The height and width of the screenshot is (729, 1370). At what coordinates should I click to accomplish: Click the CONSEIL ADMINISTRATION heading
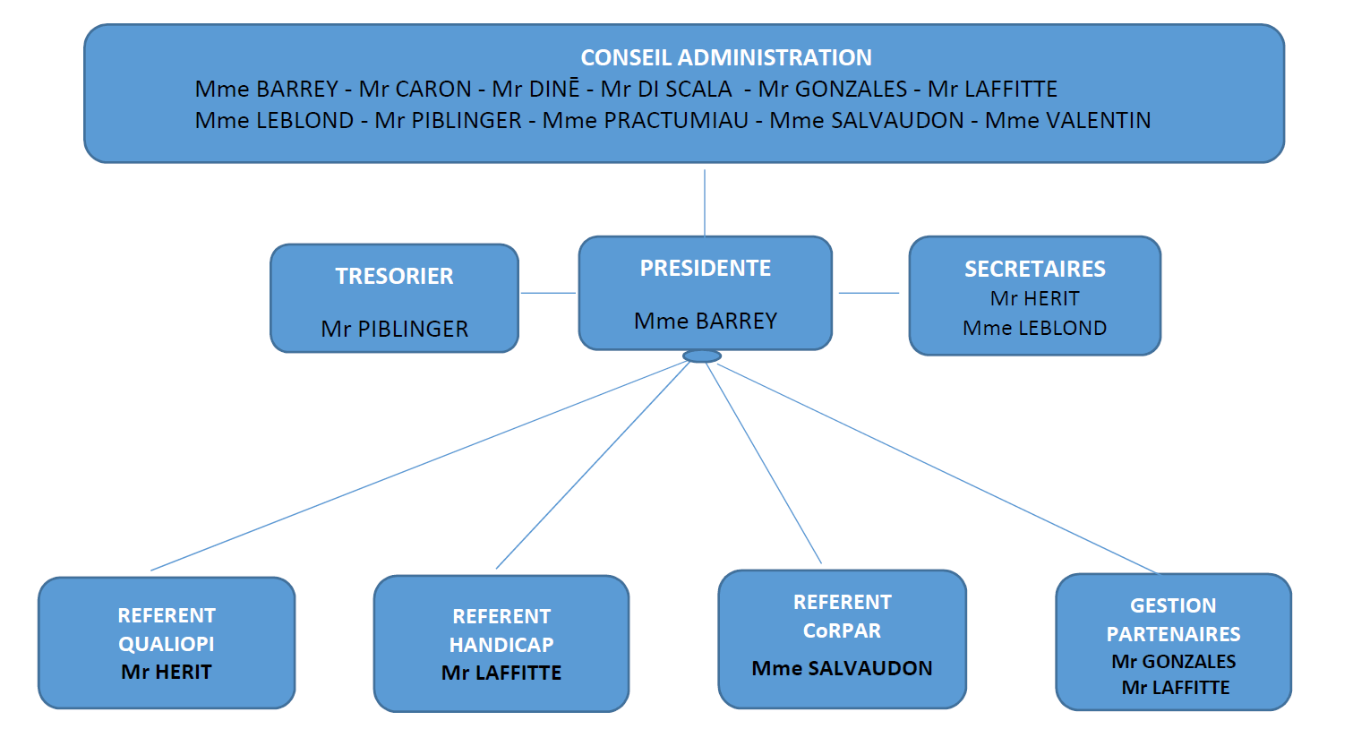coord(725,57)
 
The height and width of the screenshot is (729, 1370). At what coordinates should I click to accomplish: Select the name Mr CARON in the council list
coord(415,90)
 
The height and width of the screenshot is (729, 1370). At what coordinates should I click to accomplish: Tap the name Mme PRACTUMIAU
coord(646,121)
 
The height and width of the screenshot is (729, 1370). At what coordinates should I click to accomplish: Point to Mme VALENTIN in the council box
coord(1067,121)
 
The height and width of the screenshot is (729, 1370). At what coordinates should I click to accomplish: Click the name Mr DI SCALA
coord(666,90)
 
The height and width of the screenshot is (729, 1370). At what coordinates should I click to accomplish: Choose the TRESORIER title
coord(394,276)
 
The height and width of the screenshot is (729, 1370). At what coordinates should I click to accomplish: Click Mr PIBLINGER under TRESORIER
coord(394,329)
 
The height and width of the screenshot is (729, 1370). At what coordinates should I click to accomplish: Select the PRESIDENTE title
coord(705,268)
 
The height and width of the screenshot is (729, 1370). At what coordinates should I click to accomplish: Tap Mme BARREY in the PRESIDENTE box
coord(705,321)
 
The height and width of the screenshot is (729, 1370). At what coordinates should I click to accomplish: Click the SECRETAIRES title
coord(1034,269)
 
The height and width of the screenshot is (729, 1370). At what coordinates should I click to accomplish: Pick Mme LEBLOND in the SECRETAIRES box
coord(1034,328)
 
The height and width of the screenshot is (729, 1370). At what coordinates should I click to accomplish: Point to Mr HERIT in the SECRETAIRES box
coord(1034,298)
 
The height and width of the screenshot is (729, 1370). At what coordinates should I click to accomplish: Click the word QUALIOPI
coord(167,644)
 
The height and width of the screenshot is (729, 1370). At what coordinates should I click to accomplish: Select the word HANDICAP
coord(501,645)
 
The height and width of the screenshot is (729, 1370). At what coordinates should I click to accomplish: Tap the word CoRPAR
coord(842,630)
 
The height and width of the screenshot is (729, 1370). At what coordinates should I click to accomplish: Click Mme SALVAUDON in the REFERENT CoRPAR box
coord(842,668)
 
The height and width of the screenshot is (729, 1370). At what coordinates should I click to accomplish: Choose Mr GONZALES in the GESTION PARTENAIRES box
coord(1173,662)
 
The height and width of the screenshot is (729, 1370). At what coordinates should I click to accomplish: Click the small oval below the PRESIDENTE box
coord(702,356)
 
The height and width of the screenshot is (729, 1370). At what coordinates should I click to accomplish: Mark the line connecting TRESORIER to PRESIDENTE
coord(548,293)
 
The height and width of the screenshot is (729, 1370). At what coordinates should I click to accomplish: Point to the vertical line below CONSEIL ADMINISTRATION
coord(705,202)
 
